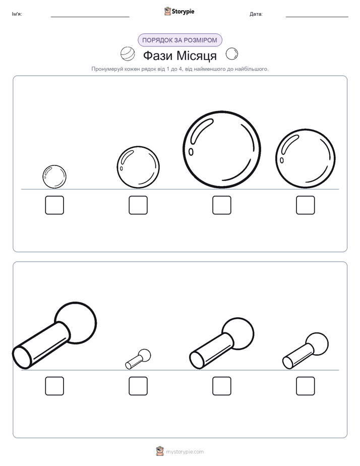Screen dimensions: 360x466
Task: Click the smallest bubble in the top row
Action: click(x=54, y=177)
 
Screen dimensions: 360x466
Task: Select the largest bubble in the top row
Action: click(x=221, y=149)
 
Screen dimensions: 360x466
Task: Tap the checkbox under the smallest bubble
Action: click(x=54, y=205)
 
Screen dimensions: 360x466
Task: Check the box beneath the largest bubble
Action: click(x=221, y=205)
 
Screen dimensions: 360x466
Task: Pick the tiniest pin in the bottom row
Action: click(x=138, y=359)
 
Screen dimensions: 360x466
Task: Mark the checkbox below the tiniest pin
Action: click(x=138, y=386)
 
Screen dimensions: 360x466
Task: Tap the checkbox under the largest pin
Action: click(x=54, y=386)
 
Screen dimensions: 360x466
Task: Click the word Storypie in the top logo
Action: click(x=183, y=12)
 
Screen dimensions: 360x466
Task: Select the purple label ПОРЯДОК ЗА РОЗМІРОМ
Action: click(x=179, y=40)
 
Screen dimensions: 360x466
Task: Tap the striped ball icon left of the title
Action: click(x=128, y=54)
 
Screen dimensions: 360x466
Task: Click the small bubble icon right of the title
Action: click(x=232, y=54)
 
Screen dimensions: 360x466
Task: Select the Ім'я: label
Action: click(x=17, y=14)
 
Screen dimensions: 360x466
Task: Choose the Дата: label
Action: click(x=256, y=14)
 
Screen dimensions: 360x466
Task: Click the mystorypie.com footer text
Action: click(x=185, y=452)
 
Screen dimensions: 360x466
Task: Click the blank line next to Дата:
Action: click(x=317, y=17)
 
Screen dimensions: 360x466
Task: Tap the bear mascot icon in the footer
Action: click(x=160, y=451)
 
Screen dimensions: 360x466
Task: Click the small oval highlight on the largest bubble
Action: click(x=191, y=152)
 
